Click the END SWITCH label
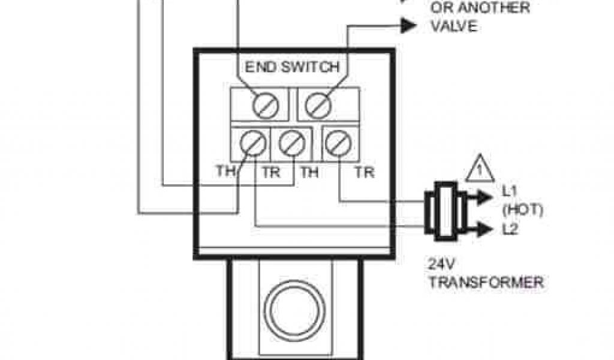click(x=292, y=67)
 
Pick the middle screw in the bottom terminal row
click(x=290, y=144)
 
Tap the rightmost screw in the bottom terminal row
click(x=336, y=144)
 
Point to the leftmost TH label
click(x=227, y=173)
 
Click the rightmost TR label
click(x=364, y=173)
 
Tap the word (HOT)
click(x=522, y=210)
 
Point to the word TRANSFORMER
click(x=486, y=281)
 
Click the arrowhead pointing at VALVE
click(x=408, y=25)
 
